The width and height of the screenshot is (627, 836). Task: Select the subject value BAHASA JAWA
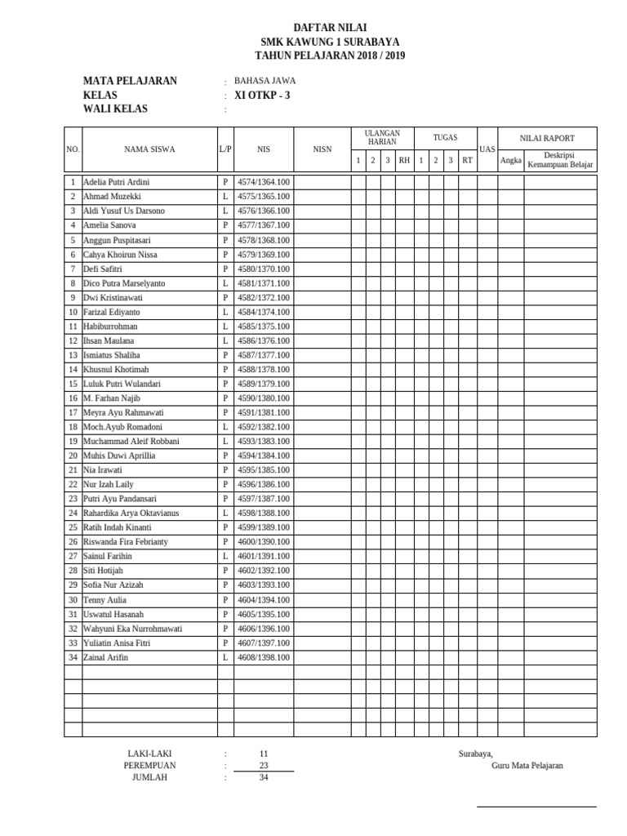[265, 81]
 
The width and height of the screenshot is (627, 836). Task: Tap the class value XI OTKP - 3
[262, 95]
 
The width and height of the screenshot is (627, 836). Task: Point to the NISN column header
[322, 149]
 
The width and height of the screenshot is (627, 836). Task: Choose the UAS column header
[487, 149]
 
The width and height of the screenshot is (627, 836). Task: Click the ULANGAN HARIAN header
[381, 137]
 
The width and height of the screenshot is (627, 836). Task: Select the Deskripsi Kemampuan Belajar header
[560, 160]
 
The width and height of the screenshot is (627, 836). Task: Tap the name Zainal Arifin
[106, 657]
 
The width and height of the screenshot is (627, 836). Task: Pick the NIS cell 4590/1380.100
[263, 398]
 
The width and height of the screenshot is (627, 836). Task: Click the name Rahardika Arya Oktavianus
[131, 513]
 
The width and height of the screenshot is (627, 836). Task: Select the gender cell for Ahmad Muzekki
[225, 197]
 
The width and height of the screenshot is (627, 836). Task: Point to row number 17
[73, 412]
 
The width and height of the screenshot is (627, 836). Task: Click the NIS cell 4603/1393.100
[263, 585]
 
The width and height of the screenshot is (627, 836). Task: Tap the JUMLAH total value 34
[263, 777]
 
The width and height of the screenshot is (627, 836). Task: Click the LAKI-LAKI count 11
[263, 754]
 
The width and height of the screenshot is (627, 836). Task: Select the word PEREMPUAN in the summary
[149, 766]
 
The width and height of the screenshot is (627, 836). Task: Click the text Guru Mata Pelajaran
[527, 766]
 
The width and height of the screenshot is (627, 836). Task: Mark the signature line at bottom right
[536, 808]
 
